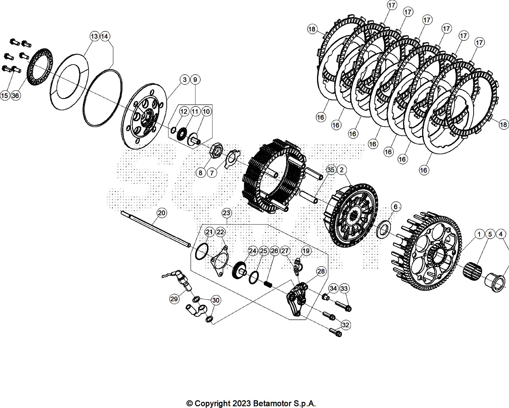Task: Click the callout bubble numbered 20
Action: point(162,213)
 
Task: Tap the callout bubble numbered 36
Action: point(16,95)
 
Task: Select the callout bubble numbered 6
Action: point(396,207)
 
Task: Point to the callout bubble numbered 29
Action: point(174,299)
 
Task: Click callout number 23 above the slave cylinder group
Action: point(226,213)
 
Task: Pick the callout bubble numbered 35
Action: point(331,170)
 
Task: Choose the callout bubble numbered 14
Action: point(105,36)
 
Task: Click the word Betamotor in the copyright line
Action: point(272,403)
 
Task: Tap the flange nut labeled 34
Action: point(326,297)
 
